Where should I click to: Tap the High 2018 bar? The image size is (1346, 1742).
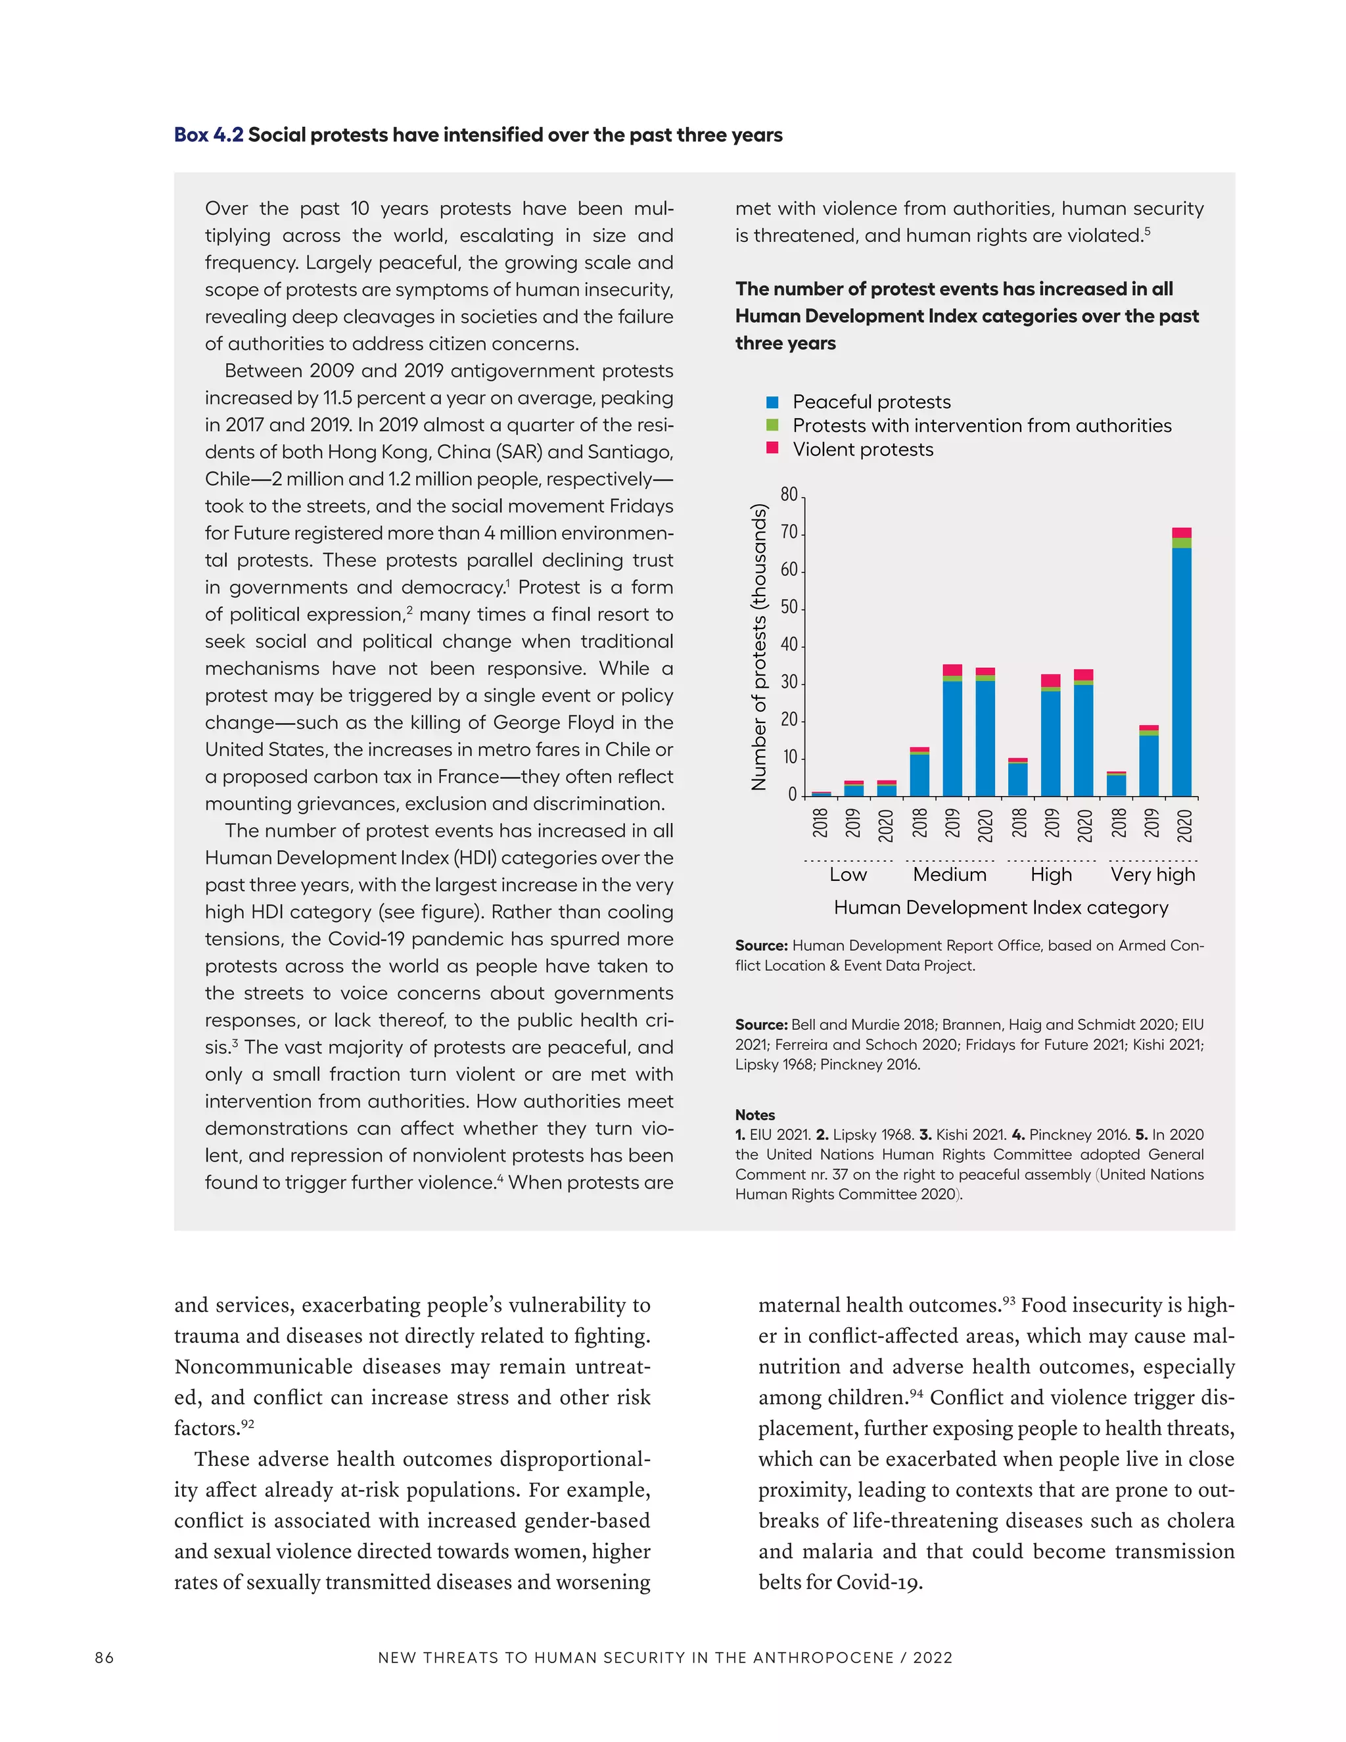(1017, 777)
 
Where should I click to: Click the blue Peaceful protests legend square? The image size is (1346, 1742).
(772, 402)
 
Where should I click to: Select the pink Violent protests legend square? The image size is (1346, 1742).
(772, 448)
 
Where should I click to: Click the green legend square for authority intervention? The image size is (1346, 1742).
(772, 425)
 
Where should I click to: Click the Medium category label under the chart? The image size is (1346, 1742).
(949, 874)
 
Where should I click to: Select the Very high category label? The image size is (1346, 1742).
(1153, 874)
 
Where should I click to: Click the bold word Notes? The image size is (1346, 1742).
(754, 1115)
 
